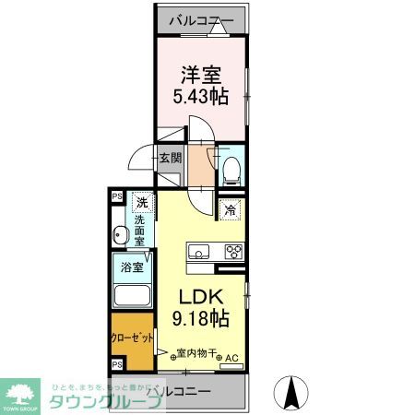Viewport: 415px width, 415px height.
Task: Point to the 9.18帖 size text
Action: click(199, 320)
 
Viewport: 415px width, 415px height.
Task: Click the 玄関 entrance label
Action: click(171, 158)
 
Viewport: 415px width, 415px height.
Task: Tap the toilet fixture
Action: click(231, 165)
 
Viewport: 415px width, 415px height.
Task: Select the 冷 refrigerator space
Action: click(231, 210)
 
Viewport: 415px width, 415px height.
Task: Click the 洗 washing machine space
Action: click(142, 203)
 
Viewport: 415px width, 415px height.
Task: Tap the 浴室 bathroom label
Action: click(129, 268)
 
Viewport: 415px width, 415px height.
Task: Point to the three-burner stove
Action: click(231, 252)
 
